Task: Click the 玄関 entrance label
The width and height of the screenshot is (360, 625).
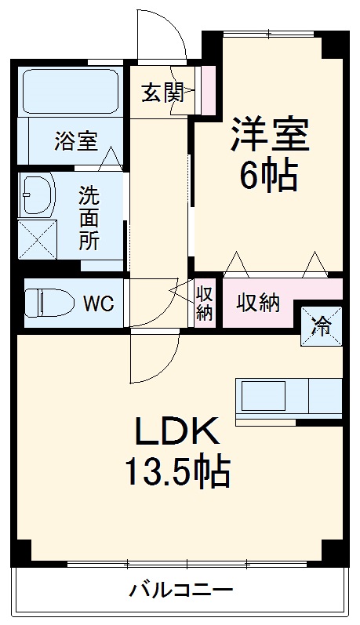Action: tap(162, 93)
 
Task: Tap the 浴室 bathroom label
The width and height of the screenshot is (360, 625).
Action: tap(75, 142)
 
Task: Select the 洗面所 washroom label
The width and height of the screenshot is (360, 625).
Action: tap(89, 217)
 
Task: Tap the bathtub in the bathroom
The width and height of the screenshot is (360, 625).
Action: tap(69, 91)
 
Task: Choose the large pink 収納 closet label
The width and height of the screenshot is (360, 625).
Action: tap(258, 303)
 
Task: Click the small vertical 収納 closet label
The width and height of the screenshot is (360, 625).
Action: tap(204, 303)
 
